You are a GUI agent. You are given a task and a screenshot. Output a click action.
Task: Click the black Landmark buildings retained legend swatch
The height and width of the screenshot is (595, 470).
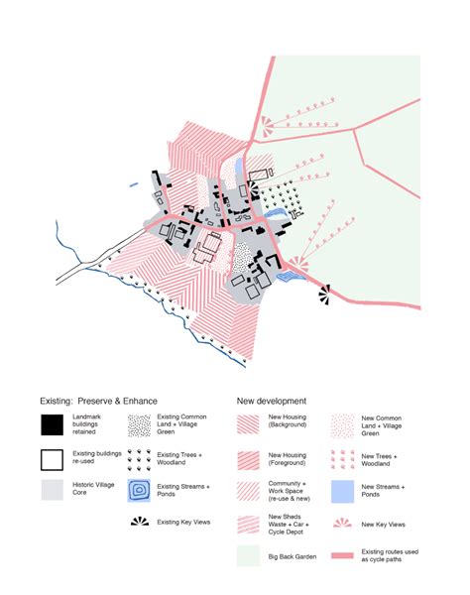tap(52, 424)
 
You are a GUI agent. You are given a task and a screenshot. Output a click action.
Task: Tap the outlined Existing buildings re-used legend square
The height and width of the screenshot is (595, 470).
tap(52, 459)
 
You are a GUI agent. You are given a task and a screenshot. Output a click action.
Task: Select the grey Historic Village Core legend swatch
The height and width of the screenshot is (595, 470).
tap(52, 490)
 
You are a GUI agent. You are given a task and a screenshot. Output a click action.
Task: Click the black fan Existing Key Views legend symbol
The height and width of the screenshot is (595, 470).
tap(140, 522)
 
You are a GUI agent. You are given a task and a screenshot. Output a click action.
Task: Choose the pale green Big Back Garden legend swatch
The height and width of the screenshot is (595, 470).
tap(249, 555)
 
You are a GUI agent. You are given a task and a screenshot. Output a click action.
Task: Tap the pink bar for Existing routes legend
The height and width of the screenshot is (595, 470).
tap(342, 555)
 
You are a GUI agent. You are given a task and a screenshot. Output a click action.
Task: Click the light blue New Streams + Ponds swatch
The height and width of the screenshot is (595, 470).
tap(342, 490)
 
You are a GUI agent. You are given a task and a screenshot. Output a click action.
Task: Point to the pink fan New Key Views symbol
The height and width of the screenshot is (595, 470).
tap(342, 523)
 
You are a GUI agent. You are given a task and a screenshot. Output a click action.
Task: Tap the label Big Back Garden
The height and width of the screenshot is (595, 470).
tap(293, 556)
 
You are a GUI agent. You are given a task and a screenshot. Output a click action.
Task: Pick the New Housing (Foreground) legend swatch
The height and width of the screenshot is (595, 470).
tap(249, 458)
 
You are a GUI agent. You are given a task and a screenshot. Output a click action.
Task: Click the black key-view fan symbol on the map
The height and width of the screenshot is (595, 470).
tap(325, 293)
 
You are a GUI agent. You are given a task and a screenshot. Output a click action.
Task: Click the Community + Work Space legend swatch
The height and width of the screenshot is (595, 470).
tap(249, 490)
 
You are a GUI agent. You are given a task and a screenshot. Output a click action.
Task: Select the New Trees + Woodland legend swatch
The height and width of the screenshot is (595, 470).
tap(342, 458)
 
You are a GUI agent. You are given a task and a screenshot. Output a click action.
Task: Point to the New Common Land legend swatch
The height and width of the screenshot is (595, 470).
tap(342, 424)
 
